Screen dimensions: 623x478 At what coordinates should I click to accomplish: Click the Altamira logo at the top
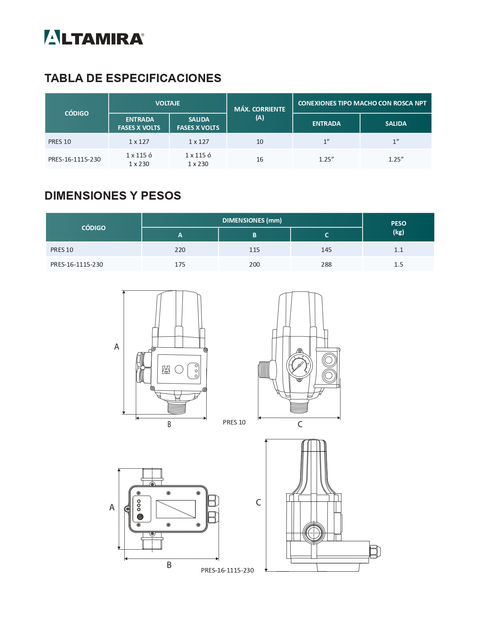click(94, 38)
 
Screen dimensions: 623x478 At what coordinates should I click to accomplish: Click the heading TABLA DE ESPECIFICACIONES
click(132, 78)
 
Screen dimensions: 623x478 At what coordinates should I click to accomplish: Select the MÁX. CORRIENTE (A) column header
click(259, 113)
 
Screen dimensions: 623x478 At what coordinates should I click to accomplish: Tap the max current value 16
click(259, 159)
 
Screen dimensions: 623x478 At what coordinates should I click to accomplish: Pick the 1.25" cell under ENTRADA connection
click(326, 159)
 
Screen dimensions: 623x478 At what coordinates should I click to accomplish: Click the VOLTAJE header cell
click(167, 103)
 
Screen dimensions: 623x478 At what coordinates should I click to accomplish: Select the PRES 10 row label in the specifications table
click(59, 142)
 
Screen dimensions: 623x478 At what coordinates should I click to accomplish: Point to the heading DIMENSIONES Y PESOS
click(113, 195)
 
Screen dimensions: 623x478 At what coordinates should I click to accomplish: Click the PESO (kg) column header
click(398, 228)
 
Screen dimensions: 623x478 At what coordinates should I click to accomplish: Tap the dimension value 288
click(326, 264)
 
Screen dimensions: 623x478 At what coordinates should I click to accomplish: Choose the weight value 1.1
click(398, 250)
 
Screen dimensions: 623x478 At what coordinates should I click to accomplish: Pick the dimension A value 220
click(180, 250)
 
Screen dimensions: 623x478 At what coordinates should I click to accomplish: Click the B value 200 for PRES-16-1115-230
click(254, 264)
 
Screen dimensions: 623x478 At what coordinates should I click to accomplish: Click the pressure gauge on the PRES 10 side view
click(300, 366)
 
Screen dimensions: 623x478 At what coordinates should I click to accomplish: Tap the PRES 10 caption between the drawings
click(234, 422)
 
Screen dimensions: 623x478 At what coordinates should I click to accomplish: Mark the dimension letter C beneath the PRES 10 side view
click(300, 424)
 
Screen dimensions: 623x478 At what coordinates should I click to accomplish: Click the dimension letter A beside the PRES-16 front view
click(112, 507)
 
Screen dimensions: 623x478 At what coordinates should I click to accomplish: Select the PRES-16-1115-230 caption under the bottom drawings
click(227, 570)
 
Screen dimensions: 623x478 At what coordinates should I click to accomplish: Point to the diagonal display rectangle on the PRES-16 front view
click(176, 509)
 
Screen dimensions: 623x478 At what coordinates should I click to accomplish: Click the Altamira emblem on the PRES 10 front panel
click(166, 370)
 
